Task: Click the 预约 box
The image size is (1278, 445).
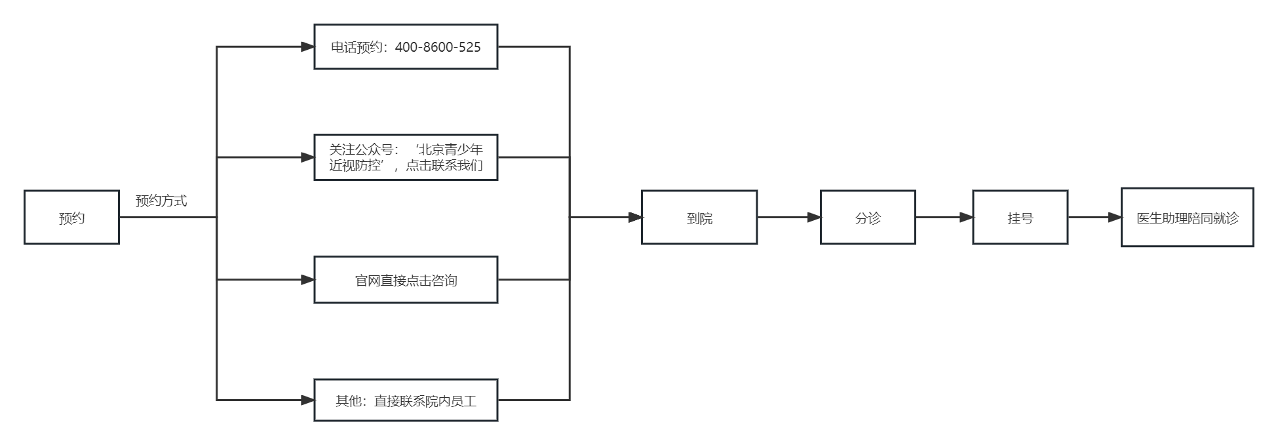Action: point(71,218)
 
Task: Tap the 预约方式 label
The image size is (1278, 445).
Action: point(161,201)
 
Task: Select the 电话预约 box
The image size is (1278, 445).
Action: point(406,47)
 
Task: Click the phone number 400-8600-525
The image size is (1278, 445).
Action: point(438,47)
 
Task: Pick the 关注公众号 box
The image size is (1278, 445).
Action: point(406,157)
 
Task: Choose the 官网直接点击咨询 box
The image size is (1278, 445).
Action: point(406,280)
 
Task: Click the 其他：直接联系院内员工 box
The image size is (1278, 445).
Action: point(406,400)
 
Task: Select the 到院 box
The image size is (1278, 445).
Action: point(699,218)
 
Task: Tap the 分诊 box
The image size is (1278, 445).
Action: point(867,218)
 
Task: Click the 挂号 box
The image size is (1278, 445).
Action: point(1020,218)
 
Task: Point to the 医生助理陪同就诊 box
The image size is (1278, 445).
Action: point(1187,218)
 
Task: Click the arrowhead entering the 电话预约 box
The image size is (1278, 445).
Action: point(307,47)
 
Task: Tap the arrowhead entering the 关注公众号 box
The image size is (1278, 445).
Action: point(307,157)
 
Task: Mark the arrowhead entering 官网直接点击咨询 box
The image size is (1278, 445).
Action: point(307,280)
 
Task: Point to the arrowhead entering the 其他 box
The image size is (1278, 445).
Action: point(307,400)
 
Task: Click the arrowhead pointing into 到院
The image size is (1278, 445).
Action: point(634,217)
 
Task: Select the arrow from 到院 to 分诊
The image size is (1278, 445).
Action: point(788,217)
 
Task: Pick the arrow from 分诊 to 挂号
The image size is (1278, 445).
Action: point(944,217)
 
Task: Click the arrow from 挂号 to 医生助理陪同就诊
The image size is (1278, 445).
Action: point(1094,217)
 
